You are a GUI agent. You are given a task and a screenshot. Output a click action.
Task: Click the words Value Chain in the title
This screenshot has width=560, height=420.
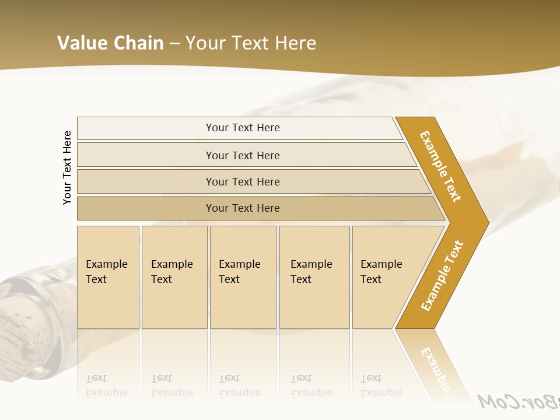pos(110,43)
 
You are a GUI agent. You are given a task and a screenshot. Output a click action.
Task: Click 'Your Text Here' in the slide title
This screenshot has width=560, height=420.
pos(251,43)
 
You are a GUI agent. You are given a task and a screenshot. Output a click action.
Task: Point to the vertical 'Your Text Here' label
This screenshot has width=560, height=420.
pos(67,167)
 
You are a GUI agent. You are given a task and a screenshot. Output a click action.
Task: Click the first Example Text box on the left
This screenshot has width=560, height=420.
pos(108,277)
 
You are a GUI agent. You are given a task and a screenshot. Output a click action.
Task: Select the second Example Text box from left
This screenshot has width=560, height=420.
pos(174,277)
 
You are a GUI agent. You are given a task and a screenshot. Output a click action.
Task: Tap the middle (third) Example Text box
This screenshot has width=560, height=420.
pos(243,277)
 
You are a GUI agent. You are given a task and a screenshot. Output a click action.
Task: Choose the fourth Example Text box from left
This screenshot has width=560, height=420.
pos(314,277)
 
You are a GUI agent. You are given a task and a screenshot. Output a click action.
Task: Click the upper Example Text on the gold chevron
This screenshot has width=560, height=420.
pos(440,166)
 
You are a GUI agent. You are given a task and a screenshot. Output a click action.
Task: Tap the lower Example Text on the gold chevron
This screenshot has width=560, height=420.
pos(442,275)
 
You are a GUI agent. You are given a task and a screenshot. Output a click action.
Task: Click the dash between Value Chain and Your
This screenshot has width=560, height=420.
pos(174,44)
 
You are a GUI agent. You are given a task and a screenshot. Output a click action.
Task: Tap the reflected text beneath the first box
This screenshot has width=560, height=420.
pos(107,386)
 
